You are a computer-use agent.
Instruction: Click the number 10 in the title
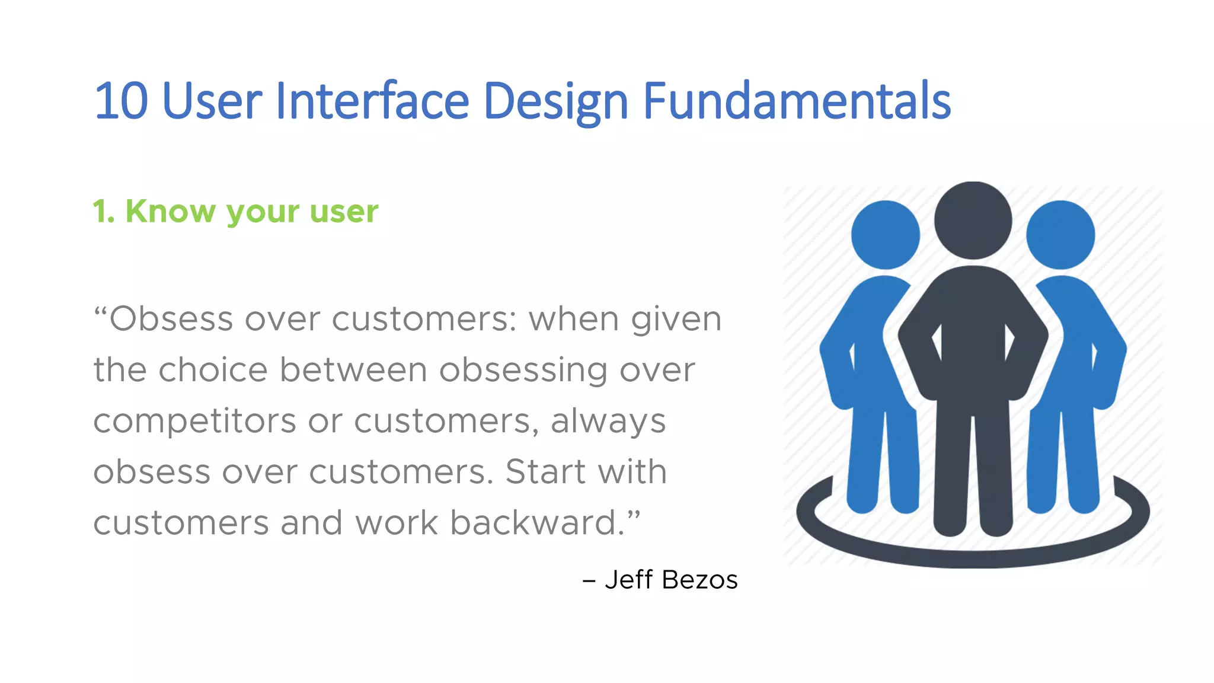pyautogui.click(x=121, y=101)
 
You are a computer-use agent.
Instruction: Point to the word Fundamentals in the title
pyautogui.click(x=797, y=101)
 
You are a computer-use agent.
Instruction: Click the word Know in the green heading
pyautogui.click(x=171, y=211)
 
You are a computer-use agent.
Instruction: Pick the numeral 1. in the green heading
pyautogui.click(x=104, y=212)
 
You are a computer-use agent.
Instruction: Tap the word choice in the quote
pyautogui.click(x=213, y=370)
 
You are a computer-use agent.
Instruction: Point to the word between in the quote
pyautogui.click(x=353, y=370)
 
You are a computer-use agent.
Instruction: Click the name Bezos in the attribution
pyautogui.click(x=699, y=580)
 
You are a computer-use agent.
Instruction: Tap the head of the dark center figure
pyautogui.click(x=973, y=221)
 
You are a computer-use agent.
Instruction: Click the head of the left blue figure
pyautogui.click(x=885, y=235)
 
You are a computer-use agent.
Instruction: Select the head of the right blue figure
pyautogui.click(x=1060, y=235)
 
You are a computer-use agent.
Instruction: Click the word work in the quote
pyautogui.click(x=397, y=523)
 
